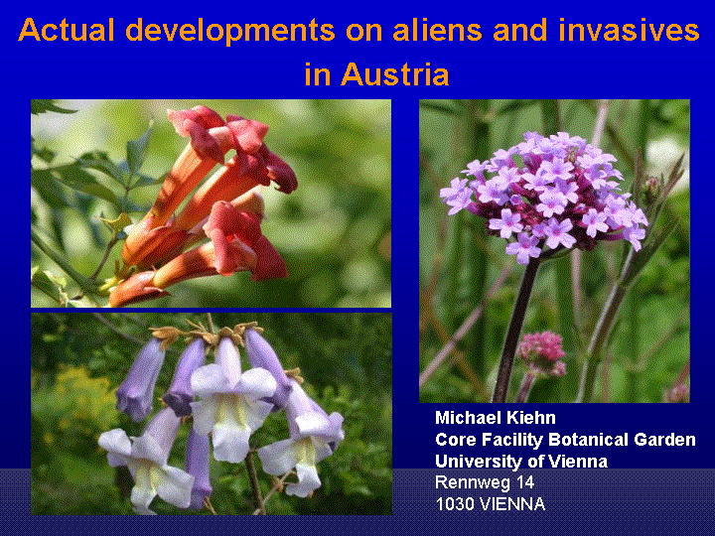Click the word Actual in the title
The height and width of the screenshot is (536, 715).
tap(67, 30)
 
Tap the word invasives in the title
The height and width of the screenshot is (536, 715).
tap(629, 30)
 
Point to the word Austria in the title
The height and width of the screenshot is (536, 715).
tap(395, 73)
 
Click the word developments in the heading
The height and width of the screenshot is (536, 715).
tap(230, 32)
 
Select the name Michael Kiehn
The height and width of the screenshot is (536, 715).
tap(496, 418)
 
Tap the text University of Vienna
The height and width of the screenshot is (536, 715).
tap(521, 462)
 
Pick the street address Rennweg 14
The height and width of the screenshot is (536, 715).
tap(485, 482)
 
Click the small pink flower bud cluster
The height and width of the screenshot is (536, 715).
tap(541, 352)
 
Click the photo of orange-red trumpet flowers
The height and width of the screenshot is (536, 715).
tap(211, 203)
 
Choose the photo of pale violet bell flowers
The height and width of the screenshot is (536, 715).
tap(212, 414)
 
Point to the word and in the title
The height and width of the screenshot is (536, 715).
tap(520, 30)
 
